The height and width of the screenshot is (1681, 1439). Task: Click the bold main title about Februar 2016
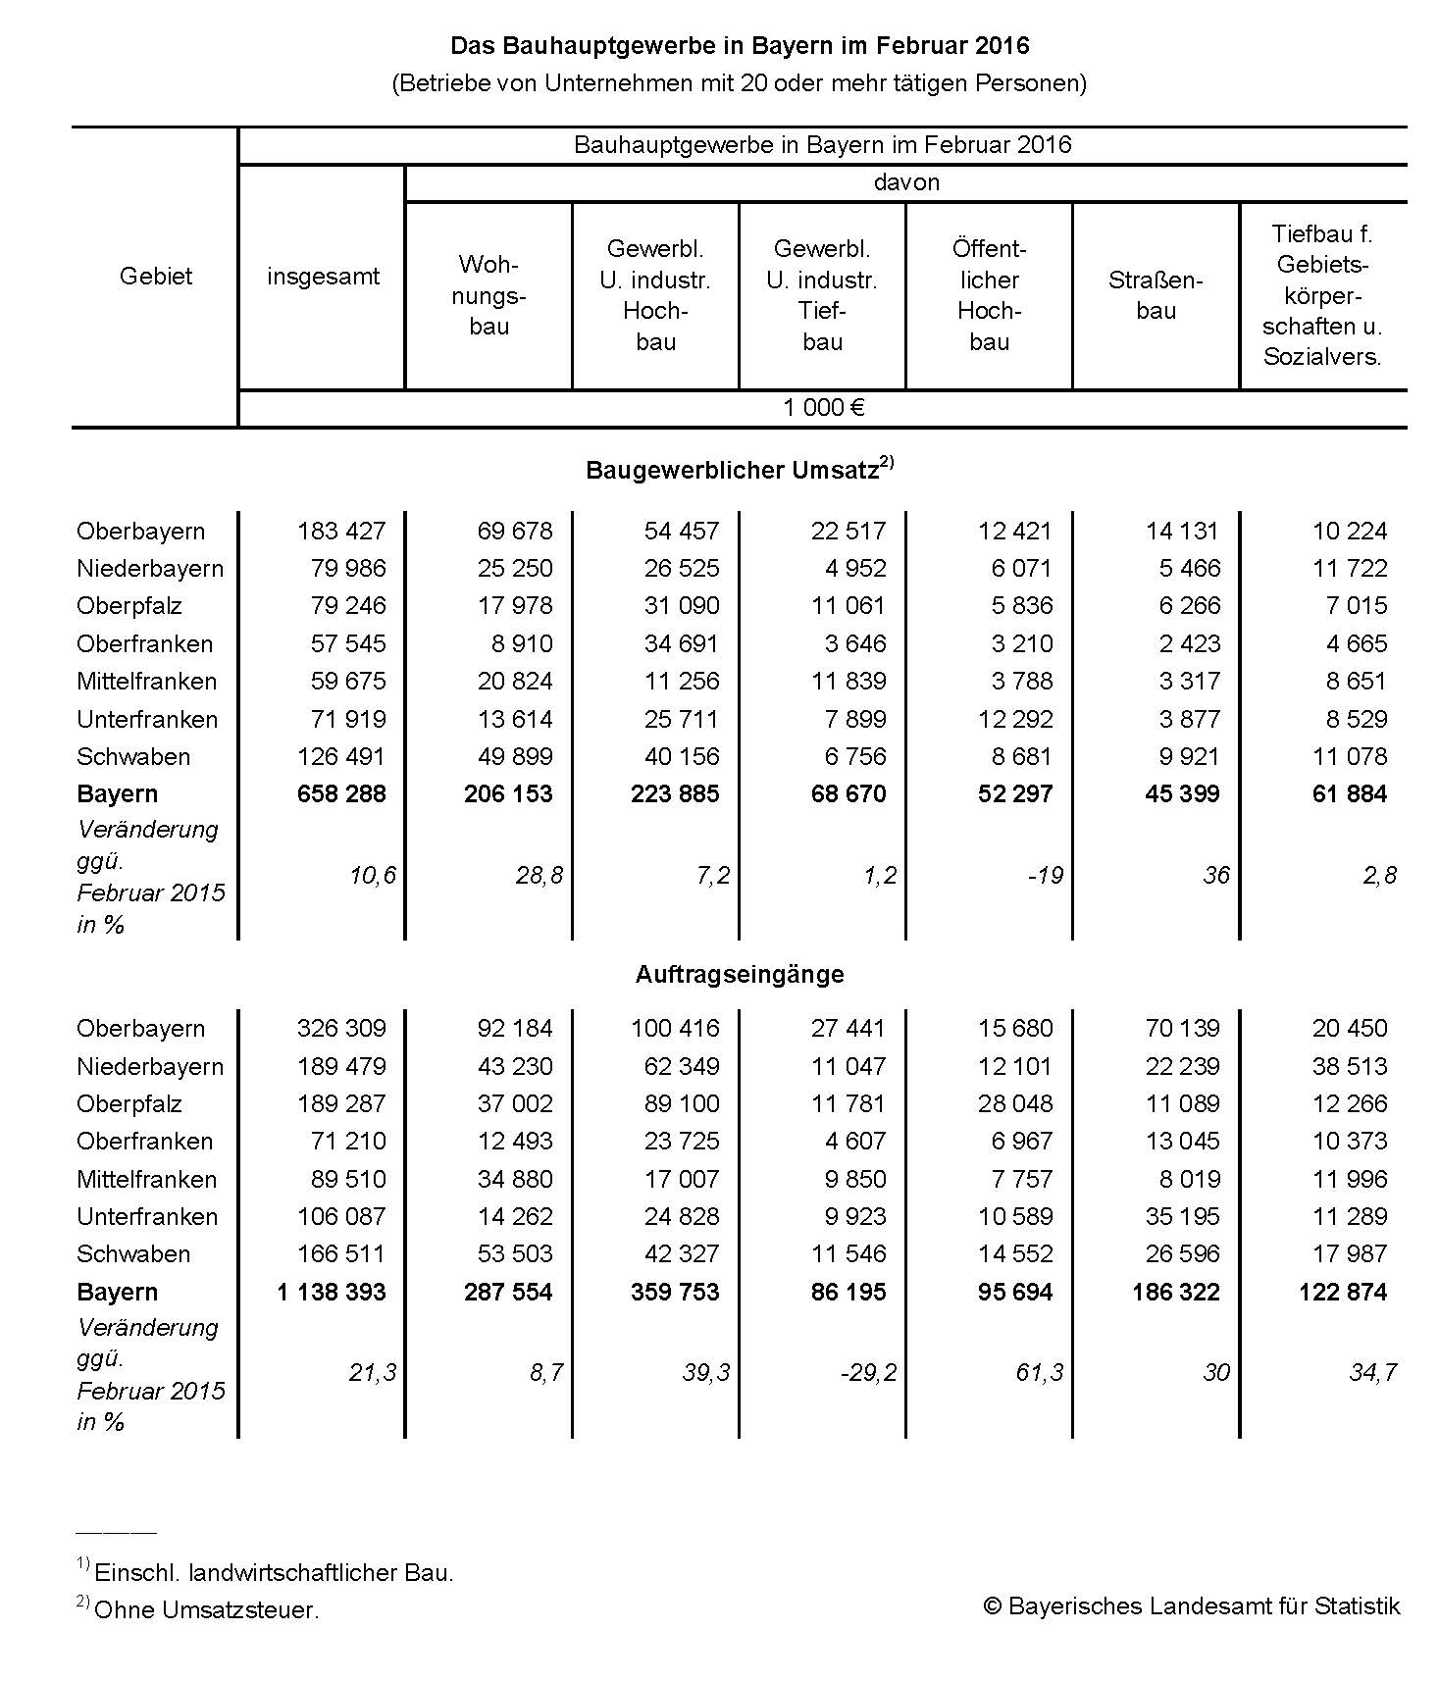pyautogui.click(x=740, y=46)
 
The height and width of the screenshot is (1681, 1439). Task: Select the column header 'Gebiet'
pyautogui.click(x=155, y=277)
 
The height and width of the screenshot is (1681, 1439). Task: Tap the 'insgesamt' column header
pyautogui.click(x=323, y=277)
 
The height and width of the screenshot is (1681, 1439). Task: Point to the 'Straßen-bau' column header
pyautogui.click(x=1156, y=295)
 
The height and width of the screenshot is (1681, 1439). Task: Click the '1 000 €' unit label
pyautogui.click(x=823, y=408)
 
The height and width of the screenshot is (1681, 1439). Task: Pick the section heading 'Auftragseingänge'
pyautogui.click(x=740, y=974)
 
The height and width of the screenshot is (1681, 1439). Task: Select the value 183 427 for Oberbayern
pyautogui.click(x=341, y=531)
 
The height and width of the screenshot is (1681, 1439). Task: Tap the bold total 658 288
pyautogui.click(x=341, y=793)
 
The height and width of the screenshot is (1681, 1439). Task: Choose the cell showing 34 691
pyautogui.click(x=682, y=643)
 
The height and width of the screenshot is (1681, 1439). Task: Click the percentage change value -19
pyautogui.click(x=1045, y=875)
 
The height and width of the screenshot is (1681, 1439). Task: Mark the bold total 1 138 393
pyautogui.click(x=332, y=1292)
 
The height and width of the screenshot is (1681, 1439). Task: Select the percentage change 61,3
pyautogui.click(x=1040, y=1372)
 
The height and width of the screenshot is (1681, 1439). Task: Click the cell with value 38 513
pyautogui.click(x=1350, y=1066)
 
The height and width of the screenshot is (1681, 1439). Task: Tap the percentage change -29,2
pyautogui.click(x=868, y=1372)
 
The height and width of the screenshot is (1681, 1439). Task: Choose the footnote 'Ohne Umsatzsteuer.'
pyautogui.click(x=207, y=1609)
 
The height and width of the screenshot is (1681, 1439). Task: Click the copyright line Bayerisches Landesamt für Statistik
pyautogui.click(x=1192, y=1605)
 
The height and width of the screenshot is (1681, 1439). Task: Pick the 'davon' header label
pyautogui.click(x=906, y=182)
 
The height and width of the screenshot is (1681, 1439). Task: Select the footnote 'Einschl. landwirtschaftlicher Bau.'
pyautogui.click(x=274, y=1572)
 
